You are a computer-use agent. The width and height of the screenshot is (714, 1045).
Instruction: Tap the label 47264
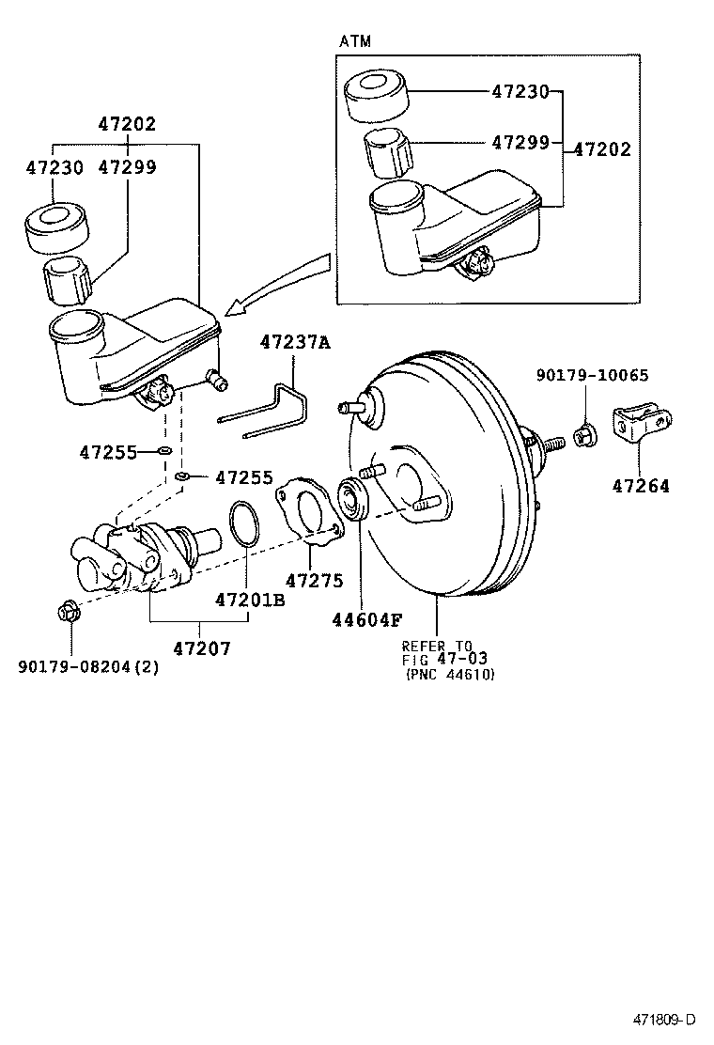pos(641,486)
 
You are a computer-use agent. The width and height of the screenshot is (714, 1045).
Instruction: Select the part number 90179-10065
pos(592,376)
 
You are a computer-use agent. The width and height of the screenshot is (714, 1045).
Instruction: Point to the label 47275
pos(315,581)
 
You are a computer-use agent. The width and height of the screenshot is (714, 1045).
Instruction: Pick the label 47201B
pos(249,599)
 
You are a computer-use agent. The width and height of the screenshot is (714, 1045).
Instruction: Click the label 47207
pos(200,648)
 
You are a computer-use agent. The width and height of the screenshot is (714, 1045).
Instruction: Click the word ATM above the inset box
pos(354,41)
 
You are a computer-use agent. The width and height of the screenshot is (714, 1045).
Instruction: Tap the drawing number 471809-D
pos(663,1019)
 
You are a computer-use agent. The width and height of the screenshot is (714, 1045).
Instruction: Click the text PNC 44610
pos(450,675)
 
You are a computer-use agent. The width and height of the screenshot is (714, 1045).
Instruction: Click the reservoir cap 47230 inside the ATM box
pos(377,94)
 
